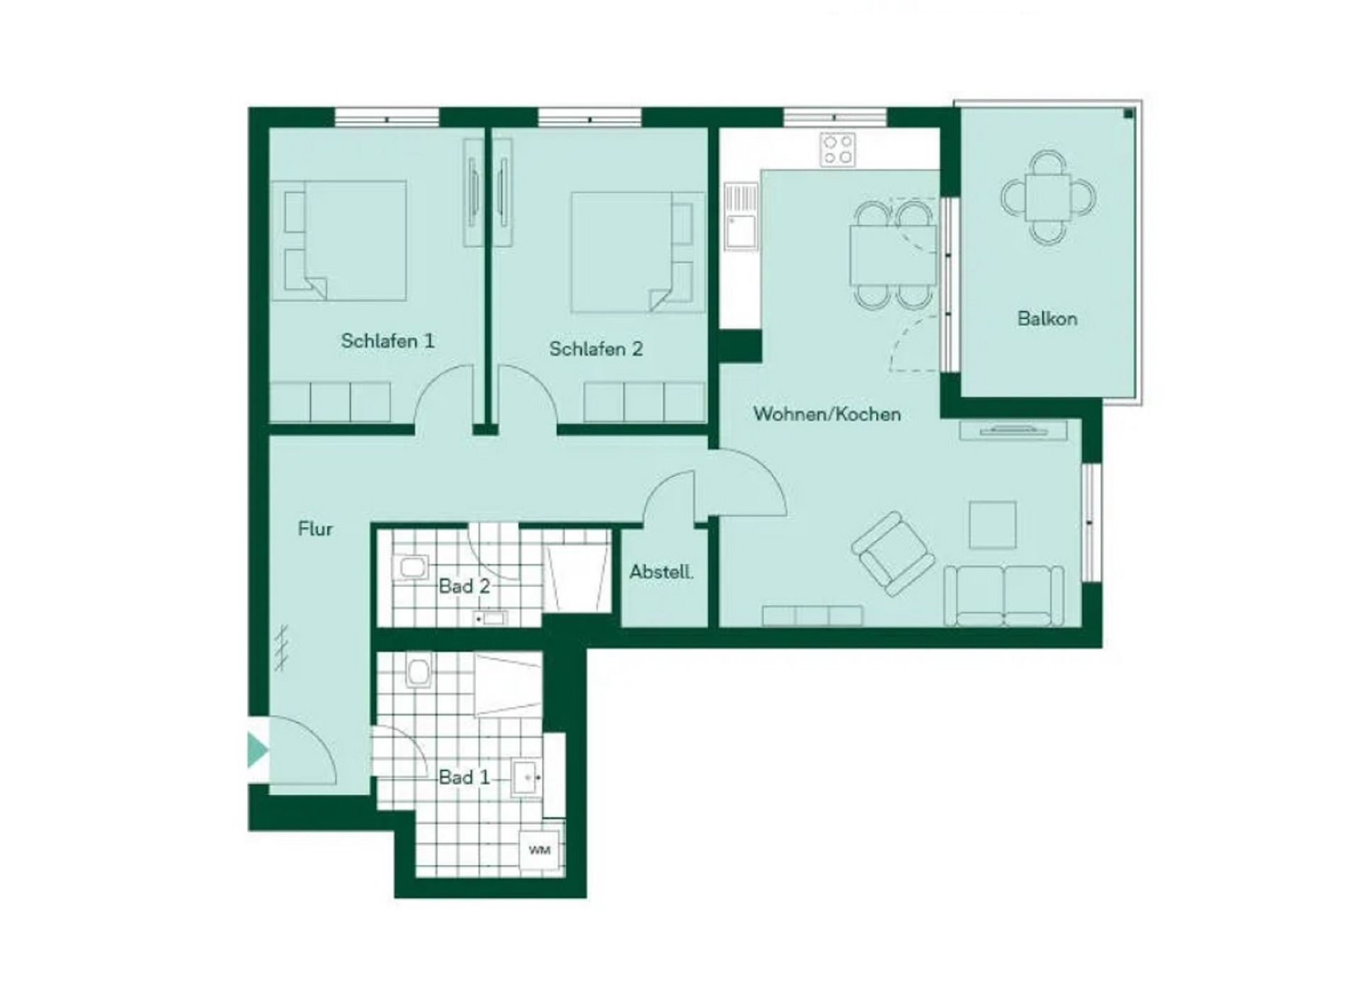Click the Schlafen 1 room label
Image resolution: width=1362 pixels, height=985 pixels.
click(387, 341)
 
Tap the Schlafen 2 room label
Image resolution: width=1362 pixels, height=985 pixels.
click(596, 349)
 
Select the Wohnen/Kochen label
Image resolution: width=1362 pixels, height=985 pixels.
click(827, 414)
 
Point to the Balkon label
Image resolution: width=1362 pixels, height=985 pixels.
click(1047, 318)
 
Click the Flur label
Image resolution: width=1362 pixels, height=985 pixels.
click(315, 529)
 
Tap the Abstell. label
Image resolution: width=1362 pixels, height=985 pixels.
click(661, 572)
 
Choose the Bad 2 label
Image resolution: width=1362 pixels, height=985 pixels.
click(465, 586)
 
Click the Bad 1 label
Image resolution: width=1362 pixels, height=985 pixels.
click(465, 777)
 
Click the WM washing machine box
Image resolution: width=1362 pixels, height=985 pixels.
click(540, 850)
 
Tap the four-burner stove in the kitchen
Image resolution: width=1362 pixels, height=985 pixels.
click(837, 150)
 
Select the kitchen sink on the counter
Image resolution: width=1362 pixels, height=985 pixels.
click(741, 216)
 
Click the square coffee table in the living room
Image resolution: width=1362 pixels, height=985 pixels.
click(992, 525)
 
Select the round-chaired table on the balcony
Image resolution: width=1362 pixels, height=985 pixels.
click(1048, 197)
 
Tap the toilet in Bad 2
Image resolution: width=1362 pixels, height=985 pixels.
click(411, 566)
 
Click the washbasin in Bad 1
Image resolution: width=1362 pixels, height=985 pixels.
click(527, 779)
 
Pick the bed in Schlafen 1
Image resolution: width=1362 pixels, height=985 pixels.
click(339, 240)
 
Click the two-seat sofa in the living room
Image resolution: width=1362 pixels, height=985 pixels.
click(1004, 596)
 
